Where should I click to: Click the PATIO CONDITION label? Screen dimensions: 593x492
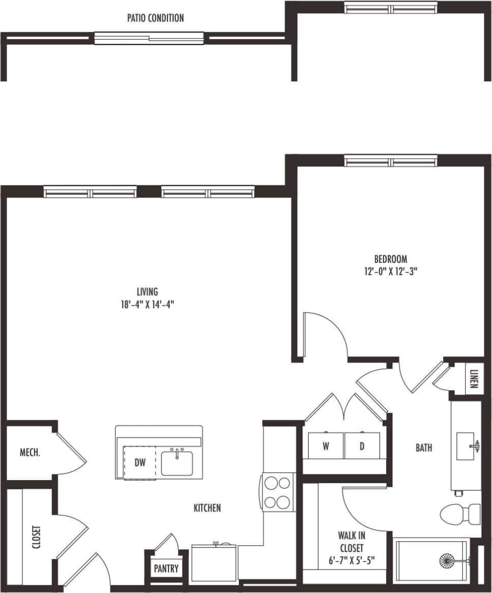155,18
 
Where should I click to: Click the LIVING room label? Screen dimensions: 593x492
147,291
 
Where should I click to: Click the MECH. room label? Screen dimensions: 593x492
30,453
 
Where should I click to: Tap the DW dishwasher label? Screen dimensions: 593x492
140,463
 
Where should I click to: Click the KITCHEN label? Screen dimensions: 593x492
207,508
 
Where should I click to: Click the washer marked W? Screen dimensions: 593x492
326,446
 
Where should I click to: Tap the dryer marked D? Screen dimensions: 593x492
362,446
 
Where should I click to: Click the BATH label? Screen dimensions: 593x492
424,448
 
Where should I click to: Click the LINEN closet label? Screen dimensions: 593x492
473,379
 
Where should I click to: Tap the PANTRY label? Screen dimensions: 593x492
166,568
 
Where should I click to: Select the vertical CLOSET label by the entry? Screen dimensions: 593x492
36,537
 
